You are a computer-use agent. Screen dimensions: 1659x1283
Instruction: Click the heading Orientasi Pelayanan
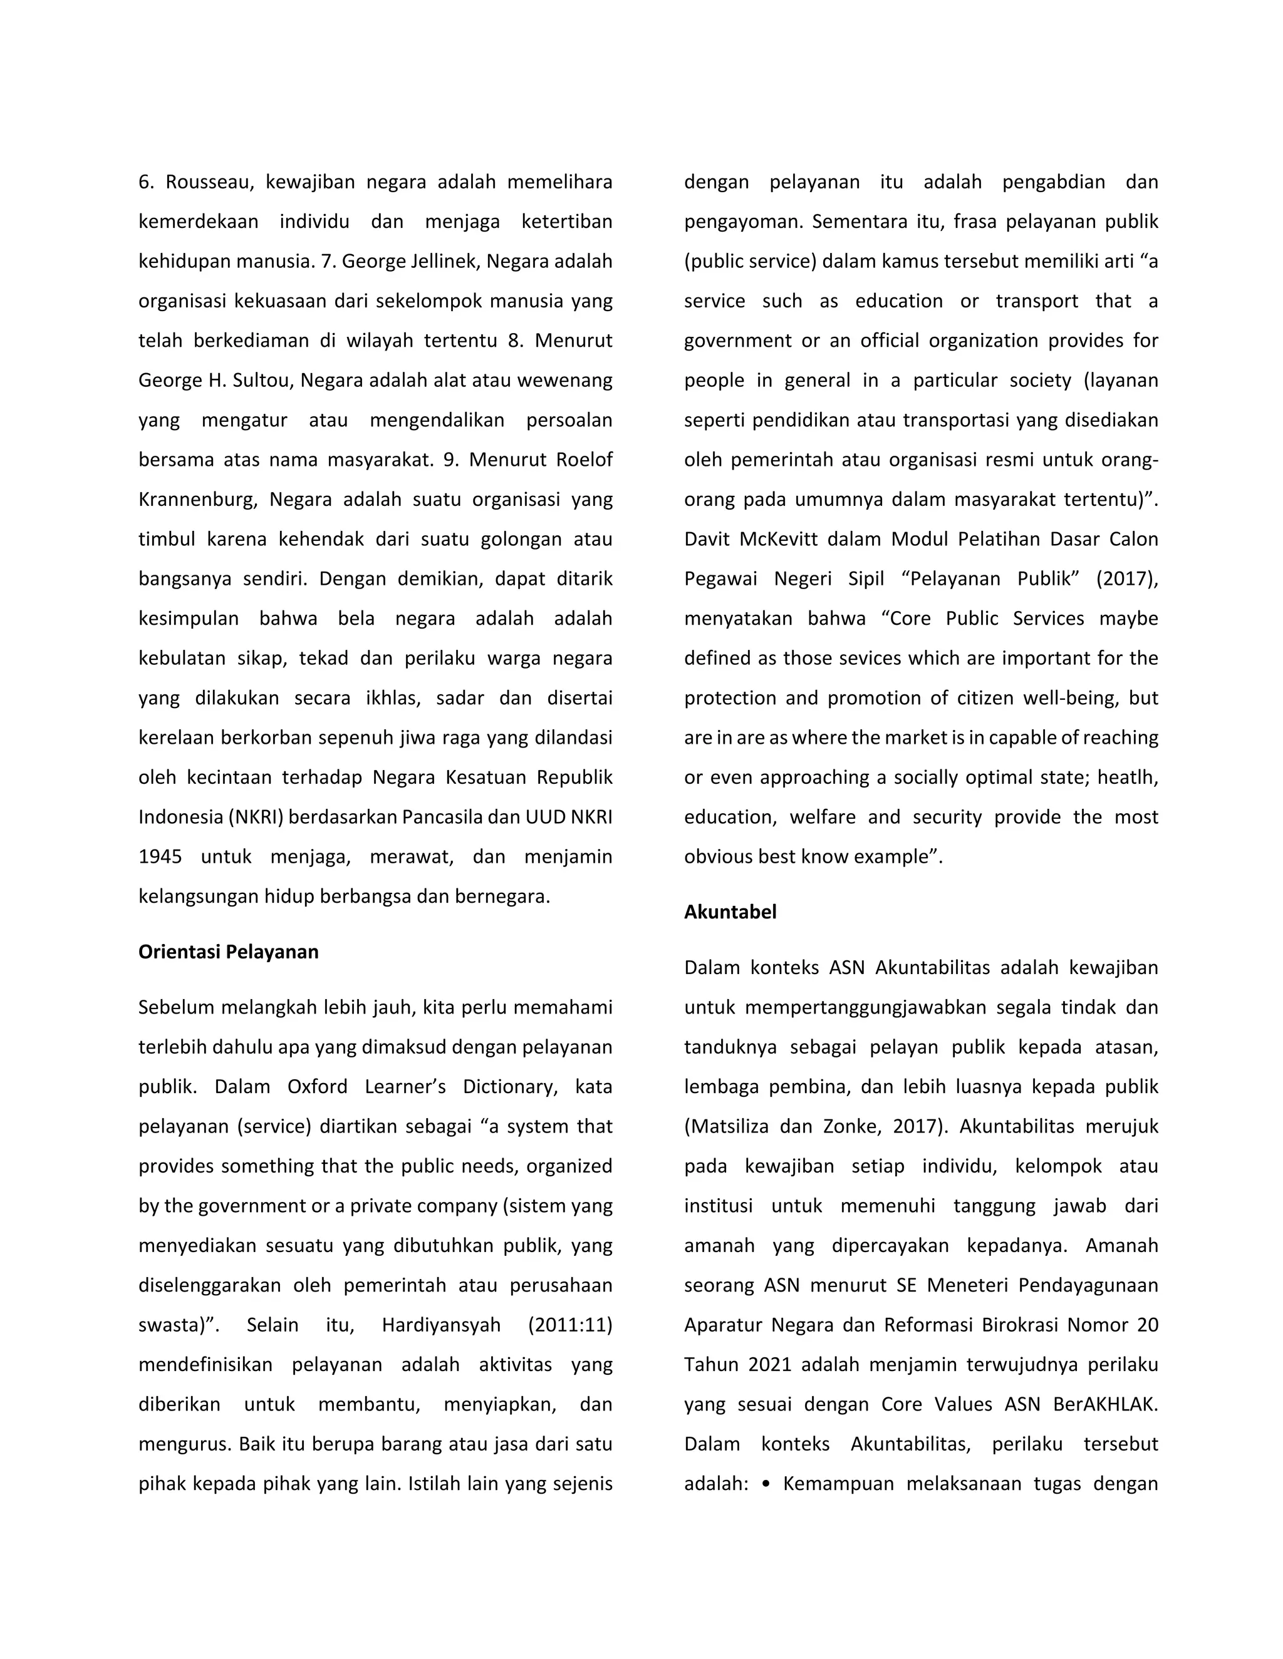(228, 952)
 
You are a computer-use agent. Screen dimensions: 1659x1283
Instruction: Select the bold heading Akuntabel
(730, 912)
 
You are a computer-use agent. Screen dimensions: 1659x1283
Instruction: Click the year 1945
(160, 857)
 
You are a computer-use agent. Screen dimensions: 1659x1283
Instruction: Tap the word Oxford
(317, 1087)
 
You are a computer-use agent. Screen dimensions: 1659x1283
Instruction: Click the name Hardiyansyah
(441, 1325)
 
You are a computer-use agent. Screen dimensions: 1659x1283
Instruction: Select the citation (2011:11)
(569, 1325)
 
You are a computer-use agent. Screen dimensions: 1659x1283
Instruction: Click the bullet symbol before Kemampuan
(766, 1484)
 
